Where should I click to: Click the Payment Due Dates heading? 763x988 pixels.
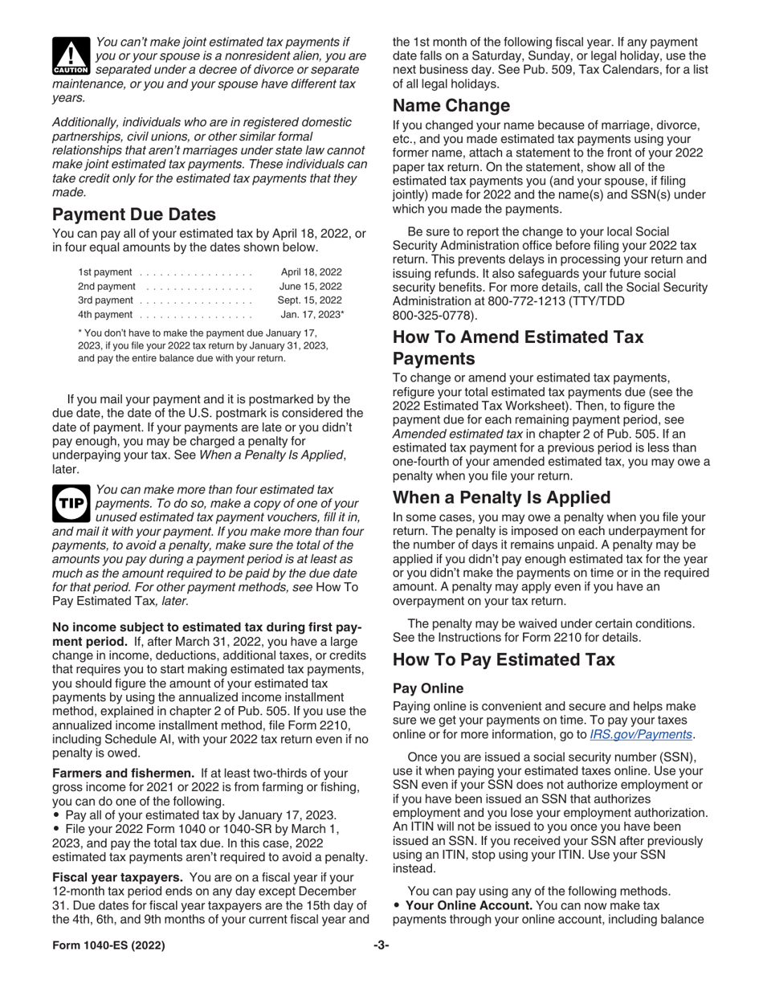[134, 214]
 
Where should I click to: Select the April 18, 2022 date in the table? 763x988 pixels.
[311, 272]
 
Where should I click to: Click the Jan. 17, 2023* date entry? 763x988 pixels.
[312, 314]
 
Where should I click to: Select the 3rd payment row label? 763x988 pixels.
[106, 300]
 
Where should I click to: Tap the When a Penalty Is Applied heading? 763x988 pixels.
[501, 497]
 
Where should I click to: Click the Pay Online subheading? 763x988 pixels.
[428, 688]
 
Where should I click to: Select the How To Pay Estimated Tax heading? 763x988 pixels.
[504, 659]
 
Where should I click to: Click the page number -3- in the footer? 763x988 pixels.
[381, 945]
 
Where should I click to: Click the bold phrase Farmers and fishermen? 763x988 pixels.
[123, 773]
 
